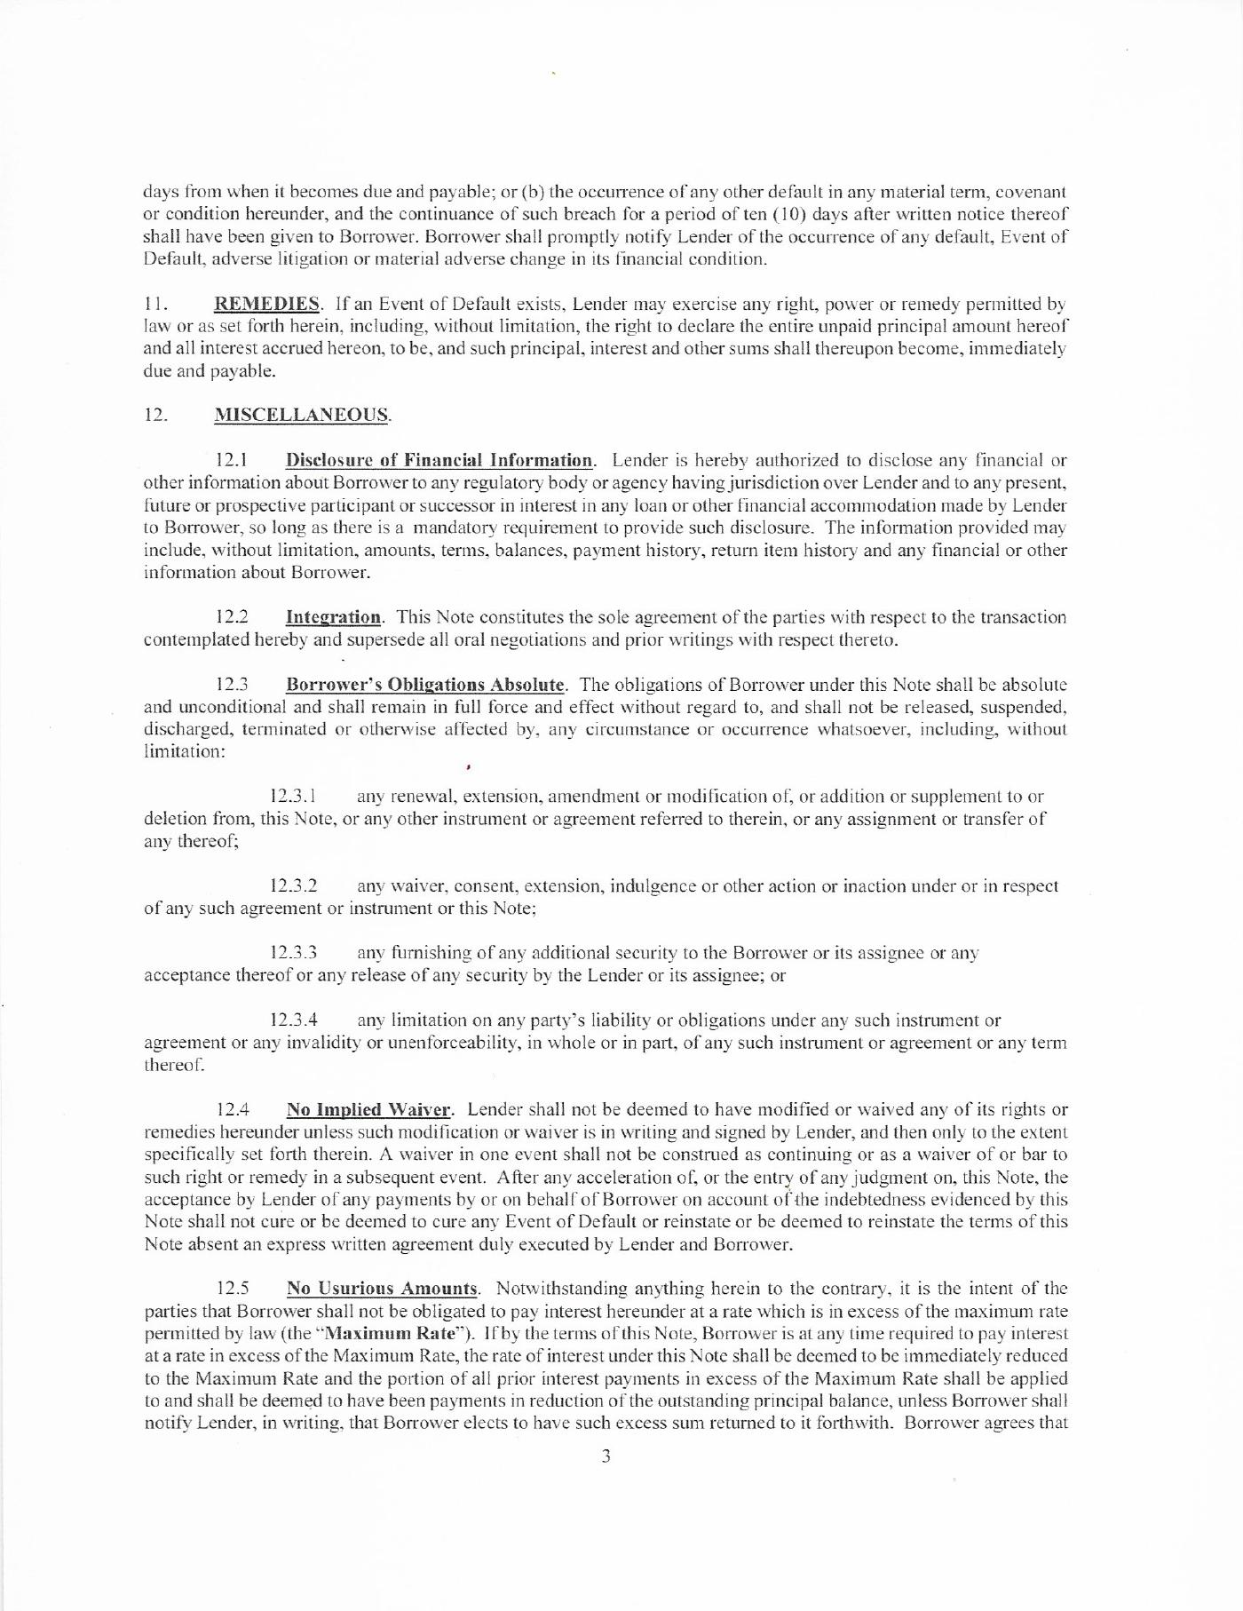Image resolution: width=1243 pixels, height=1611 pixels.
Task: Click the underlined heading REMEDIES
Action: [x=267, y=304]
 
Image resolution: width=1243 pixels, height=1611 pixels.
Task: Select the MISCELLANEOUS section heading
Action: [x=301, y=415]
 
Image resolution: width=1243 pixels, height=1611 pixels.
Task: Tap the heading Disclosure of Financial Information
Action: [x=439, y=460]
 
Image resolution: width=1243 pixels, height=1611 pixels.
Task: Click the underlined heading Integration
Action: [x=333, y=616]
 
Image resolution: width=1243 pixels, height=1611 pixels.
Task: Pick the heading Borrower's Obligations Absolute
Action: [x=424, y=685]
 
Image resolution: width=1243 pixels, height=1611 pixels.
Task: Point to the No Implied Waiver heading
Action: [x=369, y=1109]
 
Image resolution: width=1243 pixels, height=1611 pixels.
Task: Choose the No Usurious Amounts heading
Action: [x=382, y=1289]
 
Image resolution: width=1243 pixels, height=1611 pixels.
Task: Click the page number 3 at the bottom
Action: [x=606, y=1456]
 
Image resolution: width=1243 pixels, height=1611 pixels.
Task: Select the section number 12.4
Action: [x=234, y=1109]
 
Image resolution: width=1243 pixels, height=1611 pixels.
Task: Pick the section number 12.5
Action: [x=234, y=1289]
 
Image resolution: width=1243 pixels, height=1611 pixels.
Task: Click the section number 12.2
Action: [x=234, y=616]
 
